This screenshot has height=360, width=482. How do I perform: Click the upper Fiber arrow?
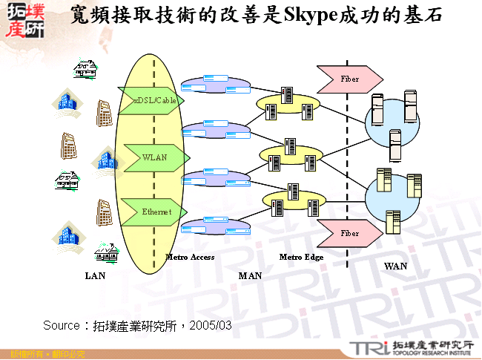point(349,79)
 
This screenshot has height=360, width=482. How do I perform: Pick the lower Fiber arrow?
point(349,233)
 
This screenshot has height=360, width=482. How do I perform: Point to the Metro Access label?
point(190,257)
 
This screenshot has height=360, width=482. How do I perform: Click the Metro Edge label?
point(301,257)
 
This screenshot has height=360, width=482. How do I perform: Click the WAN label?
point(395,266)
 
